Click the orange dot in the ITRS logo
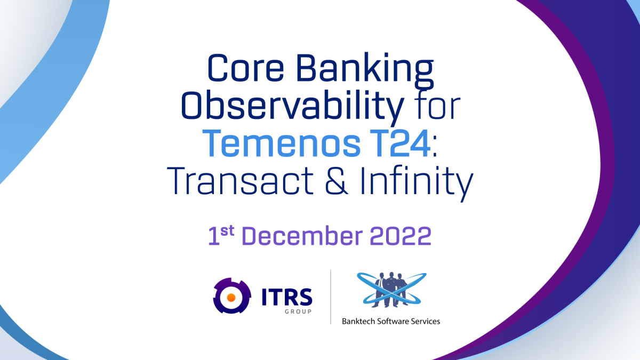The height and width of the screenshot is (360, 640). point(232,297)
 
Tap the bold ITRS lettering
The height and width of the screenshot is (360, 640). point(287,294)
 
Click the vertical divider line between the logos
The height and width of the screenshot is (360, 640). point(331,297)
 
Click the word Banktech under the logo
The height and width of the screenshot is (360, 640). point(358,321)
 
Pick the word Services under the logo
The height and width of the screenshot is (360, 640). point(426,321)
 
